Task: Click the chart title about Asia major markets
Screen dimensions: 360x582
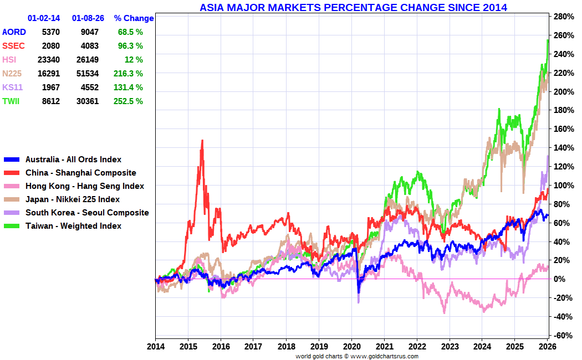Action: click(x=353, y=7)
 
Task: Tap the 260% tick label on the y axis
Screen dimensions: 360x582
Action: click(x=561, y=35)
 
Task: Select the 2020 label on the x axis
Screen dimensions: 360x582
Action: click(x=352, y=347)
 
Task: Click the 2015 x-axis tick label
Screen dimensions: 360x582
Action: click(x=188, y=347)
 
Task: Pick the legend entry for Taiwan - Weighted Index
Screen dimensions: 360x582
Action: click(x=73, y=226)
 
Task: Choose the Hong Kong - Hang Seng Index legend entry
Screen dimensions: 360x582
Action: click(x=84, y=186)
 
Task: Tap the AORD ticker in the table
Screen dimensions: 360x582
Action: click(x=14, y=32)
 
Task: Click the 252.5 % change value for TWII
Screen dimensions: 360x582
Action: click(x=130, y=101)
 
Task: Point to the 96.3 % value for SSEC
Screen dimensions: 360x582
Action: click(x=130, y=46)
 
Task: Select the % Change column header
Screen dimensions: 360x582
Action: click(x=134, y=18)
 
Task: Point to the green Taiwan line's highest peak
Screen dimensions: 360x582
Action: click(x=548, y=40)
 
